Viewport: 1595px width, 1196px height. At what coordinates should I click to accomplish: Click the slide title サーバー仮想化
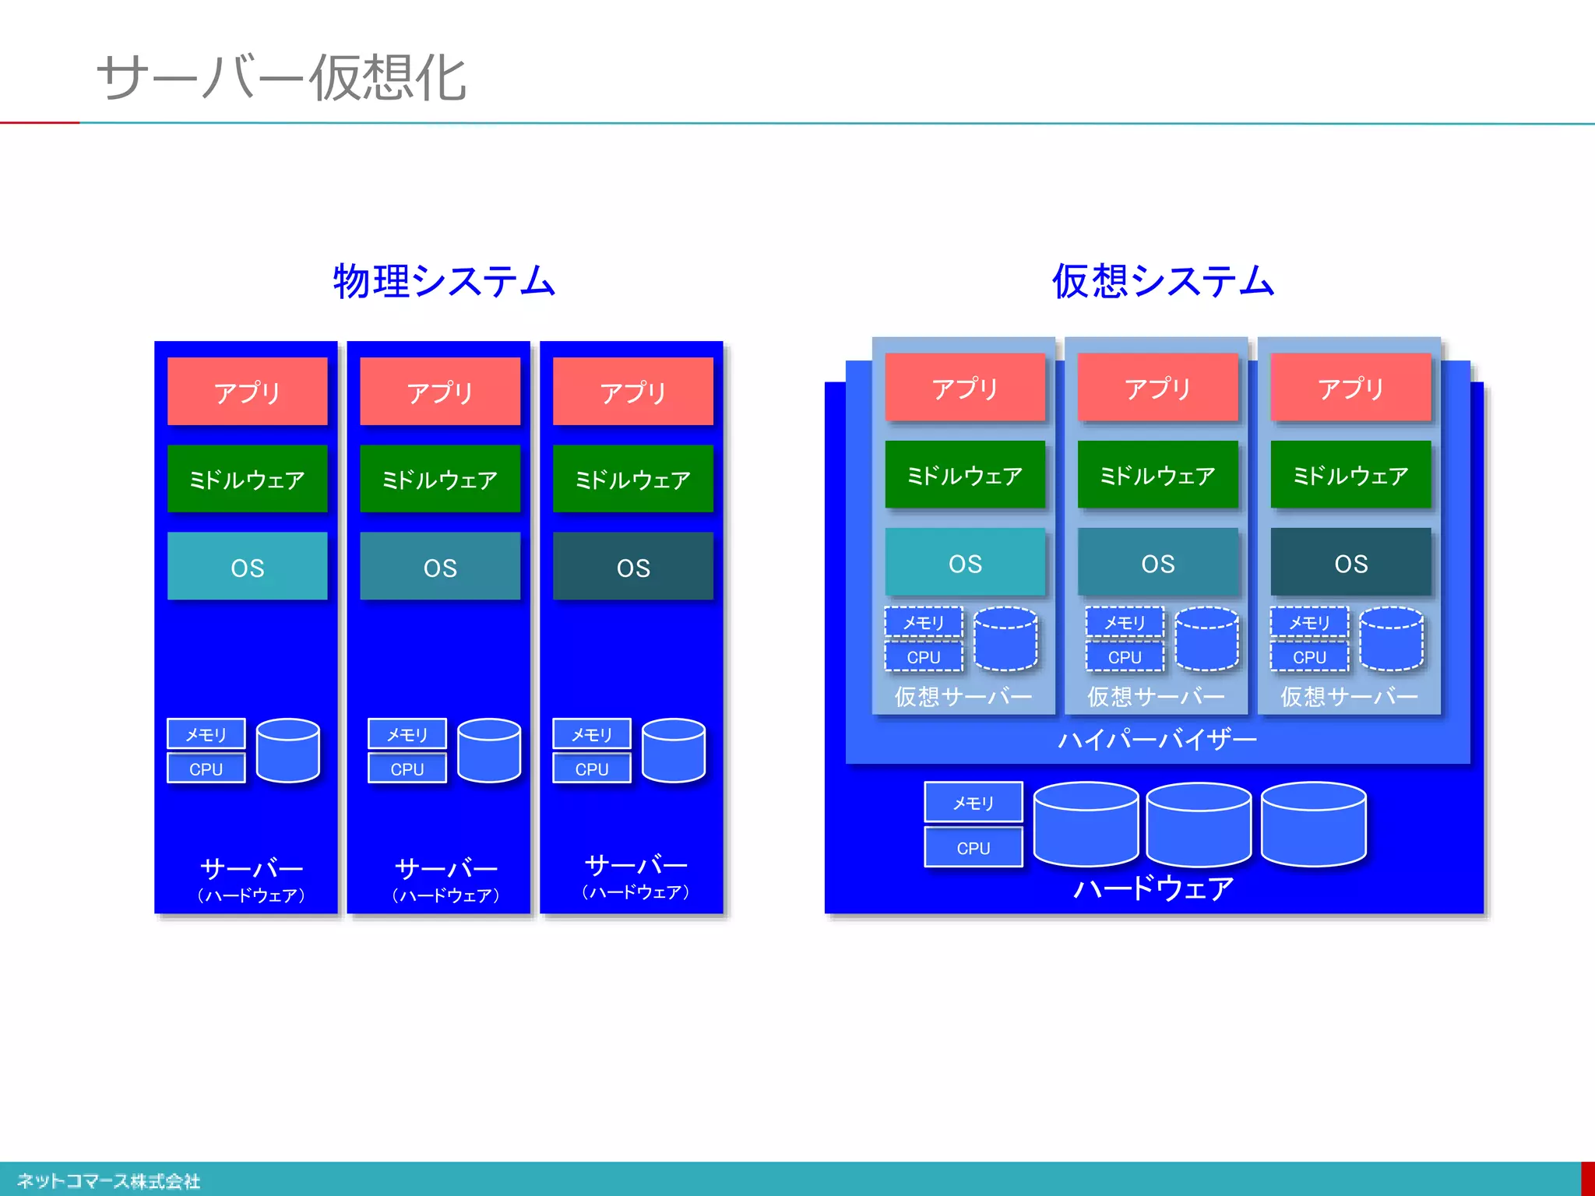click(x=281, y=78)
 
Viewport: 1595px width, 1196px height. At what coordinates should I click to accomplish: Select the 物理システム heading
click(x=444, y=281)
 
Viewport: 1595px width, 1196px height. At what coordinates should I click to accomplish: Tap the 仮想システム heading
click(x=1163, y=281)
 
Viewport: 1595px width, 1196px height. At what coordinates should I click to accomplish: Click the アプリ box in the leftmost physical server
click(x=247, y=392)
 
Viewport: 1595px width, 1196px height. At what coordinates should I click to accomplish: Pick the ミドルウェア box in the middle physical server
click(x=440, y=479)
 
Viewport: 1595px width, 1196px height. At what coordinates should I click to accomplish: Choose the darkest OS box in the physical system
click(x=632, y=567)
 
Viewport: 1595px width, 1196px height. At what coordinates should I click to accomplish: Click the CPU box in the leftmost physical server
click(x=206, y=769)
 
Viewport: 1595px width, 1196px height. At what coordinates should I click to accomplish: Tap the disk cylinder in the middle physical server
click(x=489, y=751)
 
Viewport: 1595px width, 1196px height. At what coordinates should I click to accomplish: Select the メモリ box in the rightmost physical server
click(x=591, y=734)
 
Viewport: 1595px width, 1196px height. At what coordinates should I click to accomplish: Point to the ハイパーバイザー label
click(x=1157, y=739)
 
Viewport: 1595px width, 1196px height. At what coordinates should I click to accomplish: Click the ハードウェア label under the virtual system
click(x=1153, y=888)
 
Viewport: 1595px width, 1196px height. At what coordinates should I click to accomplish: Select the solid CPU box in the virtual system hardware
click(x=973, y=847)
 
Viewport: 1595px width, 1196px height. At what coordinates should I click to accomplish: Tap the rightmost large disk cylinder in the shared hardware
click(x=1313, y=825)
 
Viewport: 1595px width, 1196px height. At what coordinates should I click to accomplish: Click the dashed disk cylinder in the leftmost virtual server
click(x=1005, y=639)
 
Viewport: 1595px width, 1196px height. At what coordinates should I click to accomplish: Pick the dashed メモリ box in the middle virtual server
click(x=1125, y=622)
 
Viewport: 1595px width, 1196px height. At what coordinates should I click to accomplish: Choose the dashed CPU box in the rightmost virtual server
click(x=1309, y=657)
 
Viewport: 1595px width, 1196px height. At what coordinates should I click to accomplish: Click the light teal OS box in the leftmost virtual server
click(x=965, y=563)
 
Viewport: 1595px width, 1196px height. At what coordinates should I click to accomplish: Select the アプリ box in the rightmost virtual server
click(x=1350, y=388)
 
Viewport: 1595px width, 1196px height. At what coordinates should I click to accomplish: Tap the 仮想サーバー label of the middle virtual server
click(x=1156, y=696)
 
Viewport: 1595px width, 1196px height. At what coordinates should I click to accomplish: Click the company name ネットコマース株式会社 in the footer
click(x=108, y=1181)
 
